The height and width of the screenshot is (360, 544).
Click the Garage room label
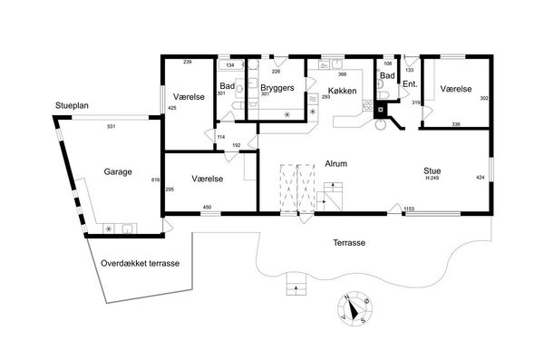point(118,172)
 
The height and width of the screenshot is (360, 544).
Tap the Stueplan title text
point(72,105)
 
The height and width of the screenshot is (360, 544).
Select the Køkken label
point(342,91)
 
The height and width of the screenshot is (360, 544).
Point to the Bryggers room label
point(277,88)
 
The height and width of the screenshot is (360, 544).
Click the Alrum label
point(335,163)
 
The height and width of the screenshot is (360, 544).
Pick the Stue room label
point(432,170)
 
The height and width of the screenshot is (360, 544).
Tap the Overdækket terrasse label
point(141,263)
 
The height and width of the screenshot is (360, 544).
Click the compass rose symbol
point(355,308)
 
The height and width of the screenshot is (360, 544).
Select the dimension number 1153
point(409,209)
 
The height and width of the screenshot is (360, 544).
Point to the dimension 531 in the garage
point(111,127)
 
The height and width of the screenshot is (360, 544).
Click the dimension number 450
point(207,208)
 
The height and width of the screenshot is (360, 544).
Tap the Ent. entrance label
point(410,84)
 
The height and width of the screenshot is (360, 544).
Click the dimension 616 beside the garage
point(156,180)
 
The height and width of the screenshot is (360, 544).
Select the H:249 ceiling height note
point(432,178)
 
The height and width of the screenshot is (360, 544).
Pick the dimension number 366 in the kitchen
point(342,74)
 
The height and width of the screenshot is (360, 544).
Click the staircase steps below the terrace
point(296,284)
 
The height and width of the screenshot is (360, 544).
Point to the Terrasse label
point(349,243)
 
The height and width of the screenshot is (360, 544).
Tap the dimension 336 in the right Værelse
point(456,124)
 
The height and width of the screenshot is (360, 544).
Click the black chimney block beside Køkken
point(381,111)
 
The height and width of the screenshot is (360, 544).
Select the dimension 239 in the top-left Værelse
point(188,63)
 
